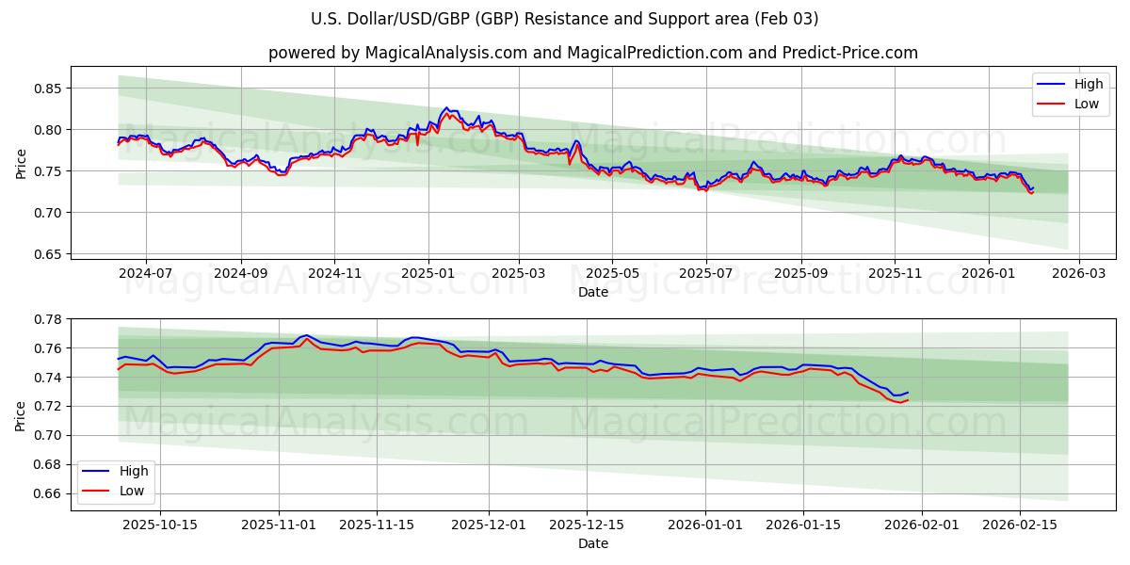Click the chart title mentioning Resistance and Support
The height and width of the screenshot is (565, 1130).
coord(565,19)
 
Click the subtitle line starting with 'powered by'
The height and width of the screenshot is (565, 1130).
coord(593,53)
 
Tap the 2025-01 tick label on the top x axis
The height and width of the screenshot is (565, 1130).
coord(428,273)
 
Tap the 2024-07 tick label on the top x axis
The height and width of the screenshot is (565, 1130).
coord(146,273)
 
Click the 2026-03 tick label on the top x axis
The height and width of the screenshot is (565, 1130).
coord(1079,273)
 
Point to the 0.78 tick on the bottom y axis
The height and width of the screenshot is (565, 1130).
coord(47,319)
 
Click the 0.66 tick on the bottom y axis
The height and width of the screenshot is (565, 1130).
coord(47,493)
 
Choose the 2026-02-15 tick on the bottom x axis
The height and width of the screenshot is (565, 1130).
coord(1020,525)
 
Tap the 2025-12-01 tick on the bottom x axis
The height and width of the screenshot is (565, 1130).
coord(489,525)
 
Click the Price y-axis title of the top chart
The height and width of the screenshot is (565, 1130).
coord(22,163)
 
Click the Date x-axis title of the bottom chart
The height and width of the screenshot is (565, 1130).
coord(593,543)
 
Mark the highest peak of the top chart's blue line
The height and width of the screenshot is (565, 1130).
coord(446,108)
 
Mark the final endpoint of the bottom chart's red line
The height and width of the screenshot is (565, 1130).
coord(907,400)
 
